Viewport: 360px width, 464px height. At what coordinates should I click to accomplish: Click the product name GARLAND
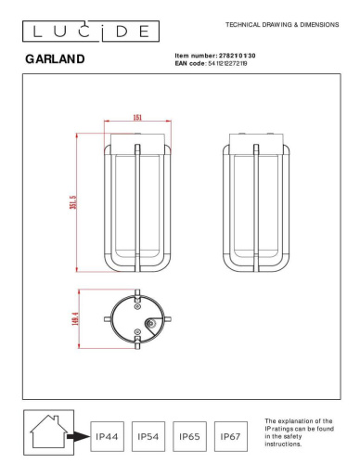click(55, 59)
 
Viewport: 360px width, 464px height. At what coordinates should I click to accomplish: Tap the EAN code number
click(237, 63)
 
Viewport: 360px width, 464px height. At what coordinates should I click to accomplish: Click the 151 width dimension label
click(137, 118)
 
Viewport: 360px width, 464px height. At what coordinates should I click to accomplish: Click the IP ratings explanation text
click(298, 432)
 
